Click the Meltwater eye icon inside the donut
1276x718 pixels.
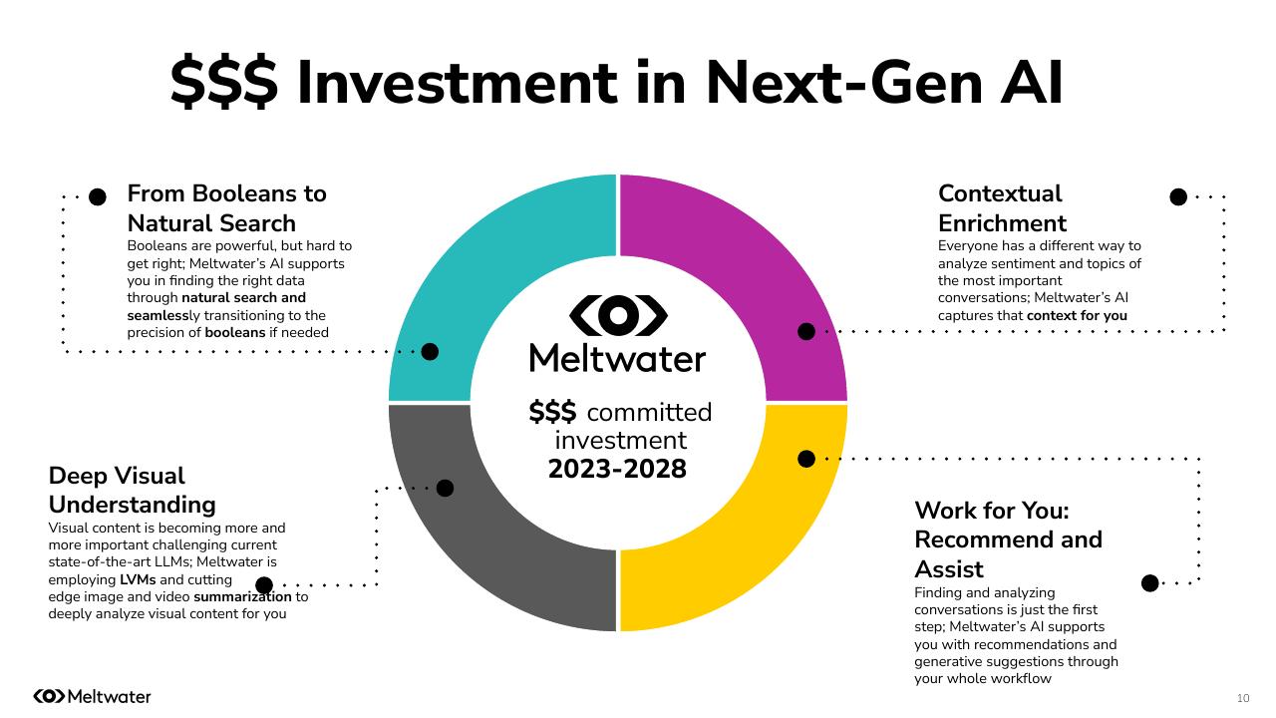(618, 315)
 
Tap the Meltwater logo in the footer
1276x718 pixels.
(92, 696)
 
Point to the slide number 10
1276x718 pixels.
(1242, 697)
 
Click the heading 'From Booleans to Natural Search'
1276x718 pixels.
(226, 207)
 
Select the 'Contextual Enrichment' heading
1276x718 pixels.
(1001, 207)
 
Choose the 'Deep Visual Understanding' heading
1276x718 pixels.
(132, 490)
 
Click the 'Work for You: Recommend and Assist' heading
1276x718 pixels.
(1008, 539)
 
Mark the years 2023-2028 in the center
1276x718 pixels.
(617, 469)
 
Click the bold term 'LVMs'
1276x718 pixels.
(138, 579)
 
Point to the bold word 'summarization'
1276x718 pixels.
(242, 596)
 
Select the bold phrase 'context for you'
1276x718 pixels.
(1077, 315)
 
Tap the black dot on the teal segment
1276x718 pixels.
(430, 351)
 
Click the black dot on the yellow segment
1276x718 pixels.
(806, 459)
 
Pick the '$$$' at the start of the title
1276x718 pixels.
(223, 82)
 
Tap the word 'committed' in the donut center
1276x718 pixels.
(649, 412)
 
